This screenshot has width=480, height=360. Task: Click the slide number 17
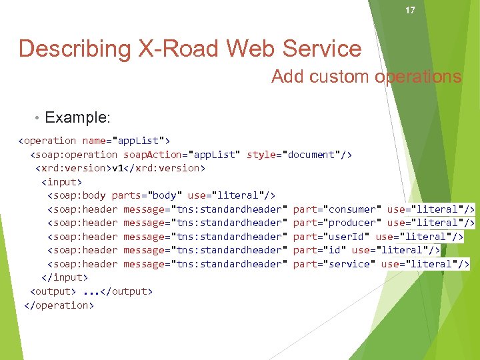410,10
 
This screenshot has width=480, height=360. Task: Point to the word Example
76,118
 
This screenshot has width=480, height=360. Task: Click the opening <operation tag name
47,141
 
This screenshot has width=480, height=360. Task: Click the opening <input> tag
61,181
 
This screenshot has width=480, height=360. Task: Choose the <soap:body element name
76,195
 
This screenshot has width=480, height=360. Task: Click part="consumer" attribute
337,209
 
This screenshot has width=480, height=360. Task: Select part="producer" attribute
337,223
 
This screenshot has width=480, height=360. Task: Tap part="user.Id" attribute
331,237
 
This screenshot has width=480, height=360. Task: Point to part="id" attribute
319,250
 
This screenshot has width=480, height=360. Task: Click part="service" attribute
334,264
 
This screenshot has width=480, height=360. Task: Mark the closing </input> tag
64,277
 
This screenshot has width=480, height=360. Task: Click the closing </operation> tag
58,305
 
